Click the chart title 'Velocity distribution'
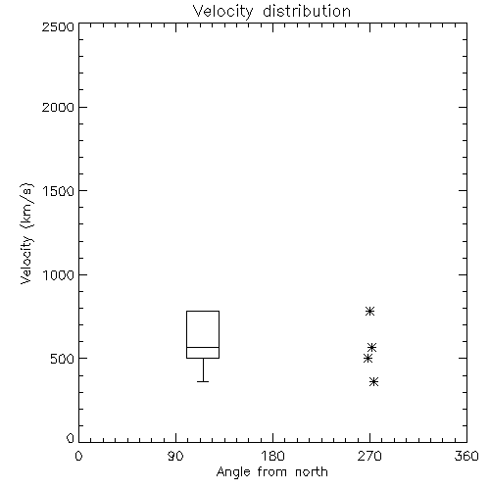click(x=271, y=12)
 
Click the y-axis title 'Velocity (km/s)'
click(x=26, y=233)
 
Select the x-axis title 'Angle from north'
click(x=271, y=472)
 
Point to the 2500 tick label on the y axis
click(x=58, y=26)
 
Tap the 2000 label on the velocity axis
click(x=58, y=107)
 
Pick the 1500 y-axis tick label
click(x=59, y=191)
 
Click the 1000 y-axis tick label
click(x=59, y=274)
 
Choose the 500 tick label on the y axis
click(x=63, y=359)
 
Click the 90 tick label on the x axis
click(x=175, y=456)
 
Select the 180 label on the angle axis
click(x=272, y=456)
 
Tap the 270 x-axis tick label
click(x=369, y=456)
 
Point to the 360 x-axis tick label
click(x=466, y=456)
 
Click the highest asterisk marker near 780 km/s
click(x=369, y=311)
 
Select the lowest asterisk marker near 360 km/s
click(x=374, y=381)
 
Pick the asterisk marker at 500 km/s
click(x=367, y=359)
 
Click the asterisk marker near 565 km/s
click(x=372, y=347)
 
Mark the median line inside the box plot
click(x=203, y=347)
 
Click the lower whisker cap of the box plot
click(x=203, y=381)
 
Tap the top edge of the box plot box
click(x=203, y=311)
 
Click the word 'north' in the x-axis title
click(x=312, y=472)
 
